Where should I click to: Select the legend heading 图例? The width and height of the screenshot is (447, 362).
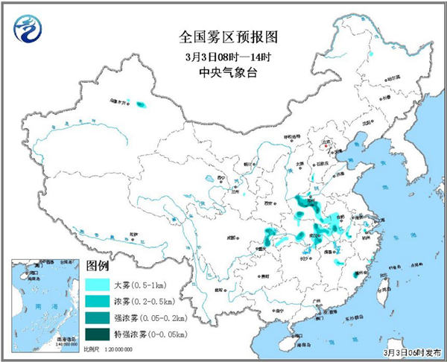click(98, 265)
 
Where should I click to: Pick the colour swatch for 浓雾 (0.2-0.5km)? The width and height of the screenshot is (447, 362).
click(98, 301)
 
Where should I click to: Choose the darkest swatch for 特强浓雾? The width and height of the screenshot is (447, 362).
click(98, 334)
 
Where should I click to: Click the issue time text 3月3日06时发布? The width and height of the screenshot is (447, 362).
click(409, 351)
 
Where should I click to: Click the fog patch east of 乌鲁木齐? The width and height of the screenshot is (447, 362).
click(141, 106)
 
